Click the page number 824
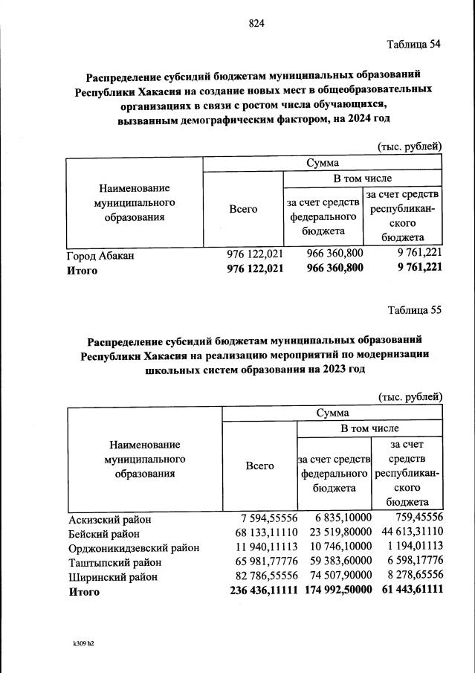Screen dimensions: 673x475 pos(256,23)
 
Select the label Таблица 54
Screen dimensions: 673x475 pos(415,44)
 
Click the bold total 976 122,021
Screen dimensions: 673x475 pos(255,269)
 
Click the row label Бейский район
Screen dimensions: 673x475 pos(103,533)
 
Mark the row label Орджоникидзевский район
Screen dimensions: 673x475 pos(133,548)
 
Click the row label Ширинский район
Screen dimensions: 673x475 pos(110,577)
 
